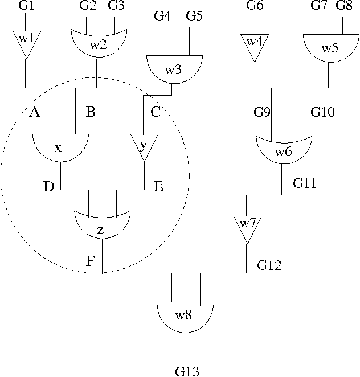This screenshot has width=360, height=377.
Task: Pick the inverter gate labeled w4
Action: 252,45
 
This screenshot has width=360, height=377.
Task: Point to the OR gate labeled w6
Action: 283,150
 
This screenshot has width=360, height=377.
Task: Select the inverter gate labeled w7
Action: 247,227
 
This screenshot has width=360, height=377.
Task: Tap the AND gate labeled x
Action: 60,147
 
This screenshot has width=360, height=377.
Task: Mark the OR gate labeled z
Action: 102,225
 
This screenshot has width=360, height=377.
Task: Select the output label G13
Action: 187,371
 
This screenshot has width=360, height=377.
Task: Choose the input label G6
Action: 255,6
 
